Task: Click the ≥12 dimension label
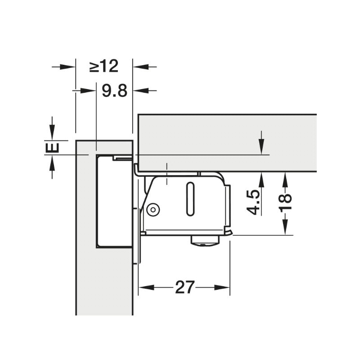(104, 66)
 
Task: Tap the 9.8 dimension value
(115, 90)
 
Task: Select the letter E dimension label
(52, 148)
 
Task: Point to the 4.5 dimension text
(253, 202)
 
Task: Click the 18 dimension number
(285, 202)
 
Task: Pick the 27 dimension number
(185, 287)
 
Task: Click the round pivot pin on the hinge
(153, 209)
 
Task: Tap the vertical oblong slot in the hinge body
(190, 199)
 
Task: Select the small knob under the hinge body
(205, 240)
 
